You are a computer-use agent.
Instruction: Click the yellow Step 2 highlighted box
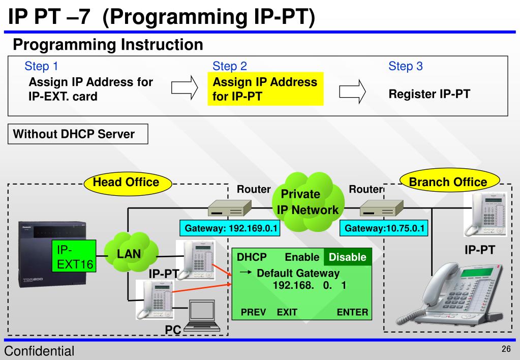[x=266, y=89]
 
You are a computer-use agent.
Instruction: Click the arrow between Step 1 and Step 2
[x=184, y=89]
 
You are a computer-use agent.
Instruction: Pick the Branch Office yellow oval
[x=448, y=182]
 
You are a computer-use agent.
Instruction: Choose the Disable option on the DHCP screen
[x=348, y=257]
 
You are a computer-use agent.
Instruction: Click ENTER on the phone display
[x=352, y=312]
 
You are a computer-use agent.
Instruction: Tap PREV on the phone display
[x=253, y=312]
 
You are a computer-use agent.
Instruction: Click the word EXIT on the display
[x=287, y=312]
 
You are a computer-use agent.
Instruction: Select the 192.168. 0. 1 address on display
[x=309, y=286]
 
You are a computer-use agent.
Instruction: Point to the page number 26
[x=506, y=349]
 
